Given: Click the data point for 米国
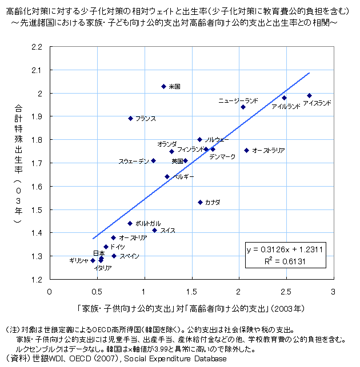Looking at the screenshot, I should click(x=163, y=86).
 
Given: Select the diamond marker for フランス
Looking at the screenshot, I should click(x=130, y=118).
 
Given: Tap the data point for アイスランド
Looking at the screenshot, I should click(x=309, y=96).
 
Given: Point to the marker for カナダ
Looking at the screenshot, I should click(x=200, y=202).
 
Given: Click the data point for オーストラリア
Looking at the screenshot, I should click(x=246, y=150).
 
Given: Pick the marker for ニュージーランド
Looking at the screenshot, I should click(x=243, y=107).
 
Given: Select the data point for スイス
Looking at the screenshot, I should click(x=154, y=230).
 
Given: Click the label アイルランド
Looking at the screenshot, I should click(x=286, y=107).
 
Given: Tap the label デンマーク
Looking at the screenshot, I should click(x=222, y=156).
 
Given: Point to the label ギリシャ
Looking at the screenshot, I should click(x=78, y=260).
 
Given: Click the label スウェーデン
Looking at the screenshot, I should click(x=134, y=161).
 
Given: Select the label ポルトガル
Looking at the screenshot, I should click(x=148, y=223).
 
